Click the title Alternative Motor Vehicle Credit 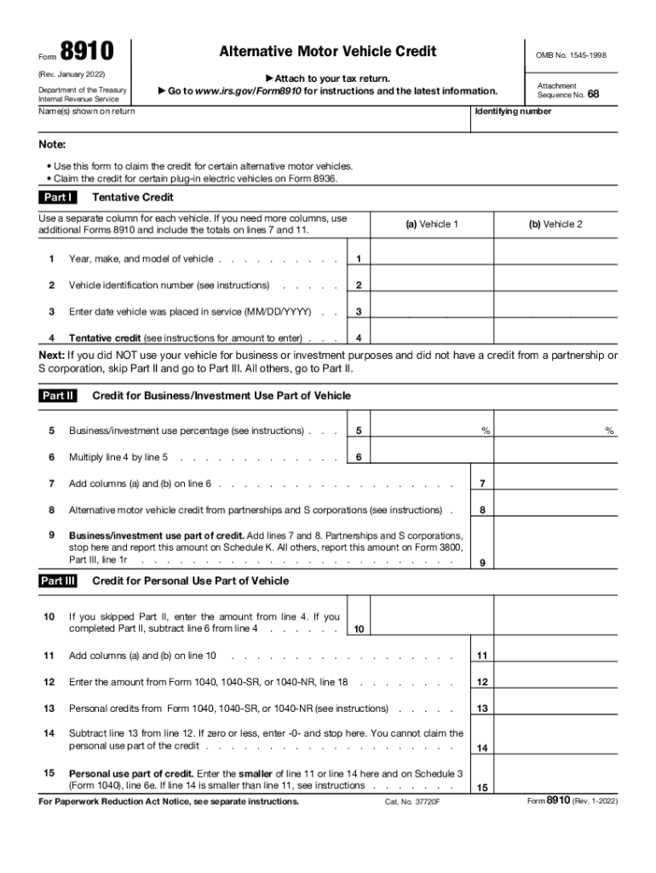click(327, 52)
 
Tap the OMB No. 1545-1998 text click(571, 55)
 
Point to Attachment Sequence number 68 click(593, 95)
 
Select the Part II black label click(59, 396)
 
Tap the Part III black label click(59, 581)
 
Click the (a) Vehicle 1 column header click(432, 224)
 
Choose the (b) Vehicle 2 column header click(555, 224)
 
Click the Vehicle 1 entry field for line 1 click(432, 257)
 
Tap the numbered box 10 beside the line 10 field click(360, 629)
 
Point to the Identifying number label click(513, 112)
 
